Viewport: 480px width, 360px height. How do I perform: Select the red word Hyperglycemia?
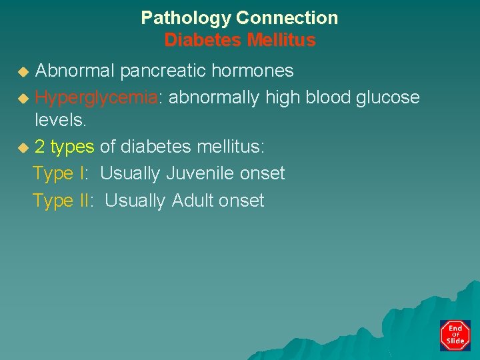pos(96,98)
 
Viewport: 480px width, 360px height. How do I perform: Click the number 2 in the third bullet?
pos(39,147)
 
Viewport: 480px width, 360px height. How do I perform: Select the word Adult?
pos(195,201)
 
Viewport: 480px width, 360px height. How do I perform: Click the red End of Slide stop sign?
pos(455,335)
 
